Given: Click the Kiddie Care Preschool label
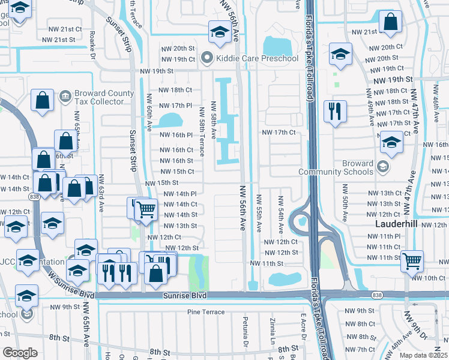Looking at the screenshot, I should click(x=258, y=59).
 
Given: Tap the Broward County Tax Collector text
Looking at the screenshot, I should click(x=104, y=97).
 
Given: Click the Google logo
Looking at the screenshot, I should click(x=20, y=353).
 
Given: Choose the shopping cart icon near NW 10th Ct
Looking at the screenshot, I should click(x=412, y=260).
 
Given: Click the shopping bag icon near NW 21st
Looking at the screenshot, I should click(x=391, y=23).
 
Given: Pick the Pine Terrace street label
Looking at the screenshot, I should click(x=205, y=312).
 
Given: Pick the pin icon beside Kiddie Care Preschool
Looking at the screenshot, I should click(x=208, y=59).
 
